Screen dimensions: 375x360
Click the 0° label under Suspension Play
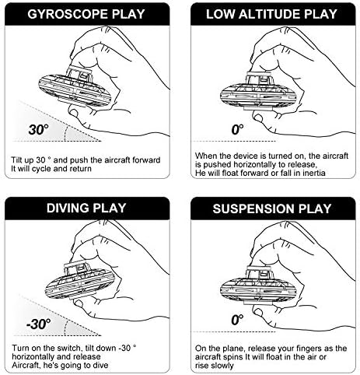[236, 320]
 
